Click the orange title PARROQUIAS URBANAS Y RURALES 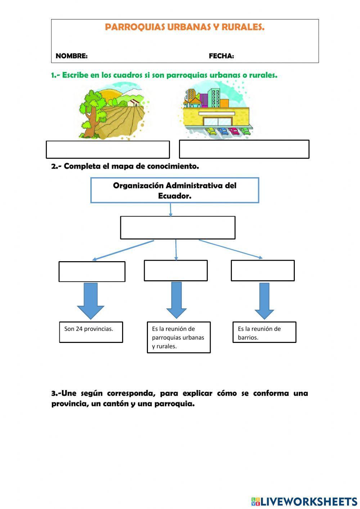pyautogui.click(x=185, y=27)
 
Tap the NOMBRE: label pyautogui.click(x=72, y=56)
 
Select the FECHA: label pyautogui.click(x=221, y=56)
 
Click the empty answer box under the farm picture pyautogui.click(x=108, y=149)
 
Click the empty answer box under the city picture pyautogui.click(x=244, y=149)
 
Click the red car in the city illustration pyautogui.click(x=234, y=131)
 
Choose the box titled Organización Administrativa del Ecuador pyautogui.click(x=175, y=190)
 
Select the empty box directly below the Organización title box pyautogui.click(x=177, y=228)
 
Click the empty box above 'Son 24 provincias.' pyautogui.click(x=92, y=272)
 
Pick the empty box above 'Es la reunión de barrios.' pyautogui.click(x=262, y=271)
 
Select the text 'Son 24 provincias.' pyautogui.click(x=89, y=329)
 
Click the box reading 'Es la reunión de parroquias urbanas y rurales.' pyautogui.click(x=179, y=337)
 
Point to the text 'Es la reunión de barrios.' pyautogui.click(x=259, y=333)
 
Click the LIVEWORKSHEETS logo pyautogui.click(x=304, y=501)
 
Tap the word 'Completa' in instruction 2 pyautogui.click(x=82, y=166)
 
